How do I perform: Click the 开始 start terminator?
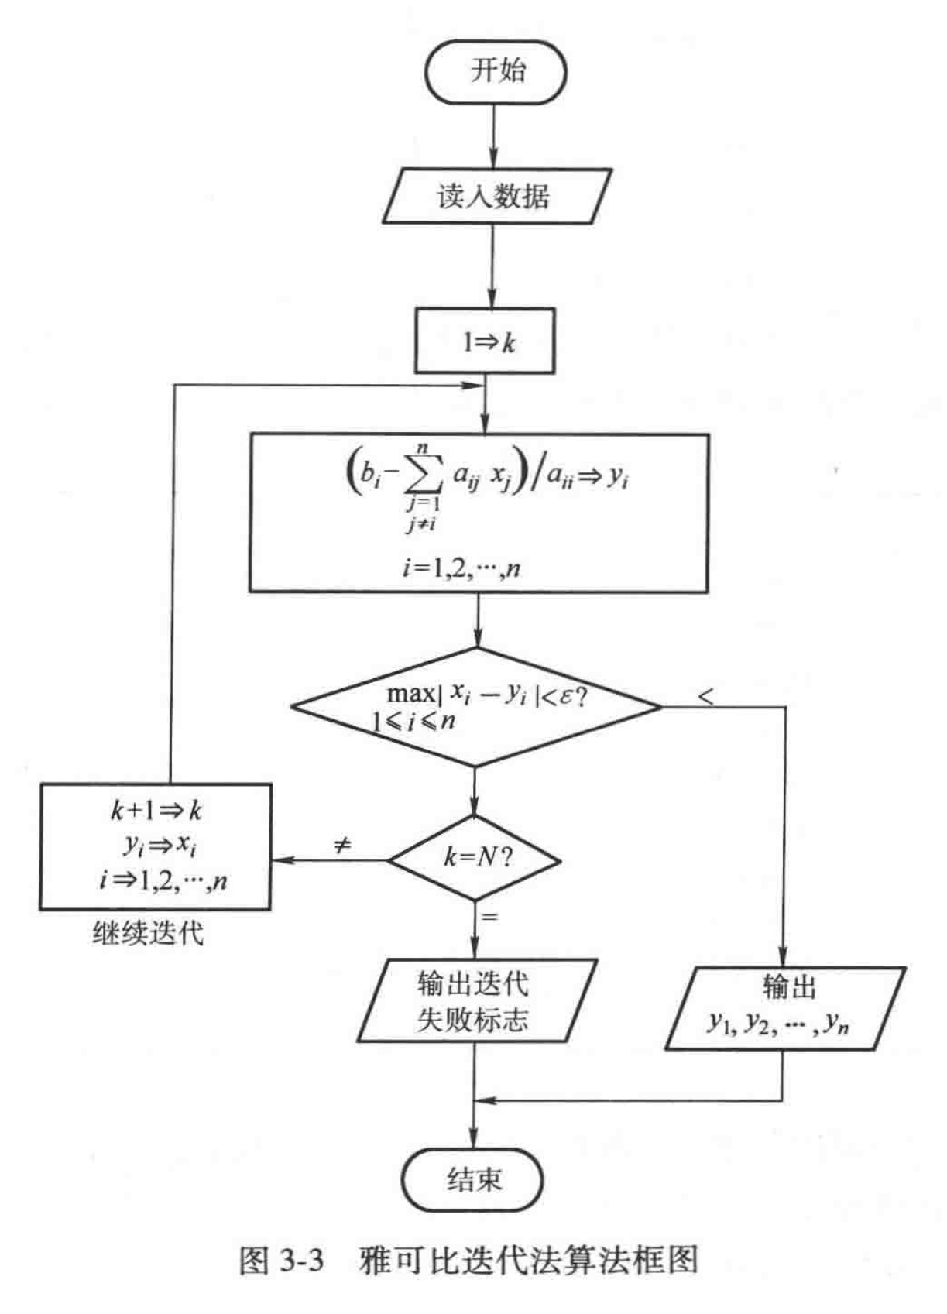pyautogui.click(x=496, y=71)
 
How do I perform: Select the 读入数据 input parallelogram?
pyautogui.click(x=496, y=196)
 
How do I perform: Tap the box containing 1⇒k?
pyautogui.click(x=485, y=341)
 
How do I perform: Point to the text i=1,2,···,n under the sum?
pyautogui.click(x=461, y=568)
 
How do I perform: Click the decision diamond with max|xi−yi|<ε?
pyautogui.click(x=476, y=706)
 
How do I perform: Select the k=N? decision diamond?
pyautogui.click(x=475, y=858)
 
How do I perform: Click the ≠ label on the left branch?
pyautogui.click(x=341, y=846)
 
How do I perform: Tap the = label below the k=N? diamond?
pyautogui.click(x=489, y=918)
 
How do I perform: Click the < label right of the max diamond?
pyautogui.click(x=705, y=696)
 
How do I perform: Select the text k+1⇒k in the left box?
pyautogui.click(x=156, y=811)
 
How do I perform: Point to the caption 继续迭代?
pyautogui.click(x=148, y=934)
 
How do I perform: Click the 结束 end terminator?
pyautogui.click(x=473, y=1179)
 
